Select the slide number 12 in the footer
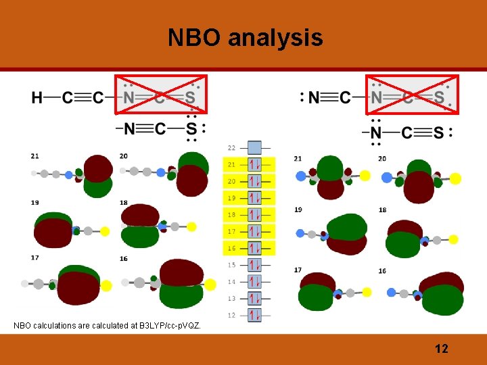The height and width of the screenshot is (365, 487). [441, 349]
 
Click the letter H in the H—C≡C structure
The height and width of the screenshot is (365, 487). [37, 98]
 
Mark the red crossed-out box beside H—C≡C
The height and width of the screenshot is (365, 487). [161, 95]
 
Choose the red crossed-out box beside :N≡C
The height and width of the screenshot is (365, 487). [412, 95]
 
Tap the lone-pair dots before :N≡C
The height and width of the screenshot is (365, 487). [302, 99]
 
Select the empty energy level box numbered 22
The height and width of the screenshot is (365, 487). [254, 147]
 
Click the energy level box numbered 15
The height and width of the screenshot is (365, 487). [254, 265]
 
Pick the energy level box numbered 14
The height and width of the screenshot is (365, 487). [254, 282]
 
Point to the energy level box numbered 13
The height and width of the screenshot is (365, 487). [254, 298]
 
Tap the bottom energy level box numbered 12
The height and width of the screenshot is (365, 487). [254, 315]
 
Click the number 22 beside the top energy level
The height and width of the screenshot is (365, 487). [232, 147]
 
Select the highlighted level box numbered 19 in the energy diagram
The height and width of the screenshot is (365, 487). [254, 198]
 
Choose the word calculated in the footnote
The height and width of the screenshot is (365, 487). [109, 326]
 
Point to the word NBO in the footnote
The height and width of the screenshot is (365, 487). [22, 326]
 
